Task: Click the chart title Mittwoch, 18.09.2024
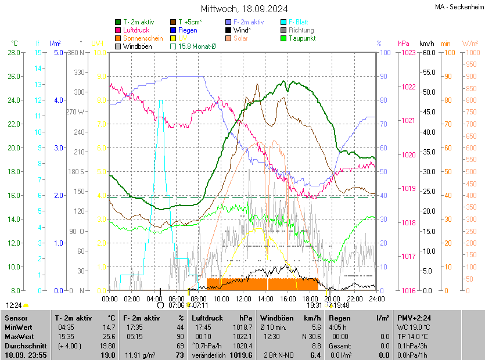click(x=244, y=9)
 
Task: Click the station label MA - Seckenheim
click(x=459, y=7)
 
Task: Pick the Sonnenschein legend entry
click(x=143, y=38)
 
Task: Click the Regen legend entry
click(x=188, y=30)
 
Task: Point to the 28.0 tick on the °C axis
click(x=13, y=53)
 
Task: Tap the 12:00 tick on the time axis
click(x=243, y=298)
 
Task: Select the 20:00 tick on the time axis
click(x=332, y=298)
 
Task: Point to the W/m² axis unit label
click(x=470, y=44)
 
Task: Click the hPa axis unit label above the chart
click(x=403, y=44)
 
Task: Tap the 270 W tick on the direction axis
click(x=76, y=112)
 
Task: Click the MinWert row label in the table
click(x=18, y=327)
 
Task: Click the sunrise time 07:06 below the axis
click(x=176, y=305)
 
